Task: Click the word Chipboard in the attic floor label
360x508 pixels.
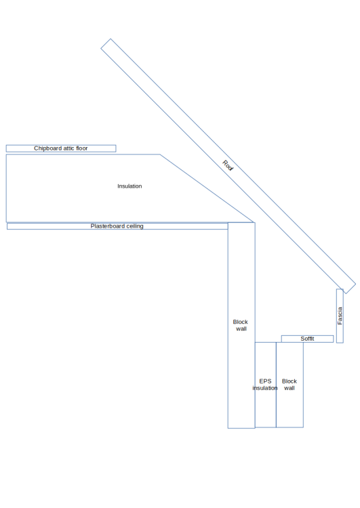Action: pyautogui.click(x=47, y=148)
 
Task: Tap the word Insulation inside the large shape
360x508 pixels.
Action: pyautogui.click(x=129, y=186)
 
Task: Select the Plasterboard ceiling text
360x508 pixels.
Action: pyautogui.click(x=117, y=226)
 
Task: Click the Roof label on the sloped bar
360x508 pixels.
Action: pyautogui.click(x=228, y=165)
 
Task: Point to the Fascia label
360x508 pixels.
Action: pyautogui.click(x=340, y=316)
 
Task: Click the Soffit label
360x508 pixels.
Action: pyautogui.click(x=307, y=339)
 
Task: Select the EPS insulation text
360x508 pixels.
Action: pyautogui.click(x=265, y=385)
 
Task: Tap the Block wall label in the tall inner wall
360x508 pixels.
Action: pyautogui.click(x=240, y=325)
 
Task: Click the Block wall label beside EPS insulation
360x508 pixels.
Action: pyautogui.click(x=289, y=385)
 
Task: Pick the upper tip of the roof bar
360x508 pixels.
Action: pyautogui.click(x=111, y=39)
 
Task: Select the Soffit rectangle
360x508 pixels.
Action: pyautogui.click(x=307, y=339)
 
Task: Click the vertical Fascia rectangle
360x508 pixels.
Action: pyautogui.click(x=340, y=316)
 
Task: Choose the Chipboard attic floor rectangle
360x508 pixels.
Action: pyautogui.click(x=61, y=148)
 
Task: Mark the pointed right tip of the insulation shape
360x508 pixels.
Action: pyautogui.click(x=254, y=222)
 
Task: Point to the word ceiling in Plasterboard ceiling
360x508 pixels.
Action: pyautogui.click(x=135, y=226)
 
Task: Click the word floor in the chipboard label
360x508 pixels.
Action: pyautogui.click(x=82, y=148)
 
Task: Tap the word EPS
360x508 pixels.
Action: pyautogui.click(x=265, y=381)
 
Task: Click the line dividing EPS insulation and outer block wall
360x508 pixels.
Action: pyautogui.click(x=277, y=385)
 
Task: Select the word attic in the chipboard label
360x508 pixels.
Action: pyautogui.click(x=68, y=148)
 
